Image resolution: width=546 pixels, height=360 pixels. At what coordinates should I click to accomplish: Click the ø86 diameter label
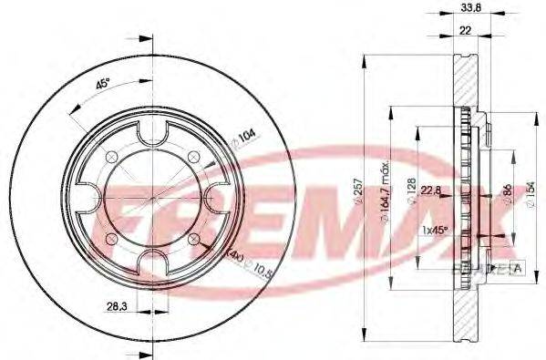(508, 195)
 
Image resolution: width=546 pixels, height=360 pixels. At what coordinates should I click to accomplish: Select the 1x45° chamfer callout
(437, 230)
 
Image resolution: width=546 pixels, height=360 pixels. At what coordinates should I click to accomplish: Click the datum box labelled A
(518, 267)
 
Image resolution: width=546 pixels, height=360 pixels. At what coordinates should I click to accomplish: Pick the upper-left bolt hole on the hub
(110, 157)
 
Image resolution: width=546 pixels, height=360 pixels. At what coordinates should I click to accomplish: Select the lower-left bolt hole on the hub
(110, 239)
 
